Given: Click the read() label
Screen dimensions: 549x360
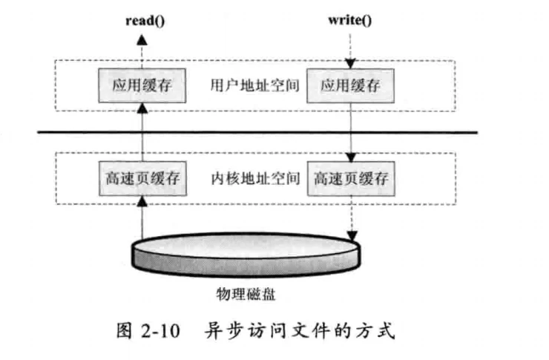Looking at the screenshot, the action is tap(145, 21).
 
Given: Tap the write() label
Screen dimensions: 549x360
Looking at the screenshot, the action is tap(349, 20).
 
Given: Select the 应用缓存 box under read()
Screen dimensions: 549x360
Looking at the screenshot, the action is tap(142, 86).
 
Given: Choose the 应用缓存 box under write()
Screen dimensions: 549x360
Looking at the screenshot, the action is tap(350, 86).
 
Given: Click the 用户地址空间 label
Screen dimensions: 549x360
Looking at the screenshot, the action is tap(255, 85).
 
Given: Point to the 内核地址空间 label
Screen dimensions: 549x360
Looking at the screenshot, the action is tap(256, 178).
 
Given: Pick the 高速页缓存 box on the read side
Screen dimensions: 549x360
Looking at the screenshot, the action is tap(142, 179).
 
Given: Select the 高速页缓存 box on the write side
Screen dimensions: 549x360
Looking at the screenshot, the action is tap(351, 179).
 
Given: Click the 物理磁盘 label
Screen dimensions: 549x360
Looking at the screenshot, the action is tap(246, 294).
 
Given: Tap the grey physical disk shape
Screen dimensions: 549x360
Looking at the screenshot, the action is tap(246, 255).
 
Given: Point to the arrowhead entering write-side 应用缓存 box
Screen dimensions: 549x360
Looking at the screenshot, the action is tap(350, 63).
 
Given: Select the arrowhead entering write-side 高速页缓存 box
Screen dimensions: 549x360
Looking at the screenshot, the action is tap(351, 157).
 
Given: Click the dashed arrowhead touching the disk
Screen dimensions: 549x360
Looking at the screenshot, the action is tap(352, 236).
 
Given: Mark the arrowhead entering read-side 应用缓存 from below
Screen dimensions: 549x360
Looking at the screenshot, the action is tap(142, 108).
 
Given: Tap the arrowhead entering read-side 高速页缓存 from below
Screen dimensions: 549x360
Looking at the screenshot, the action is tap(142, 201).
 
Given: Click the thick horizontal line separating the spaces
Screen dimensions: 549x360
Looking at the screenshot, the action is tap(257, 132).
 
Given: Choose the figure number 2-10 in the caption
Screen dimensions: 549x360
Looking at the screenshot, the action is tap(161, 330).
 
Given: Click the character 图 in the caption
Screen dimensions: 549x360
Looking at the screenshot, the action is tap(125, 330).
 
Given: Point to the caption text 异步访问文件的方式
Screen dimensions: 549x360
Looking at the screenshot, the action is tap(300, 330).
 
